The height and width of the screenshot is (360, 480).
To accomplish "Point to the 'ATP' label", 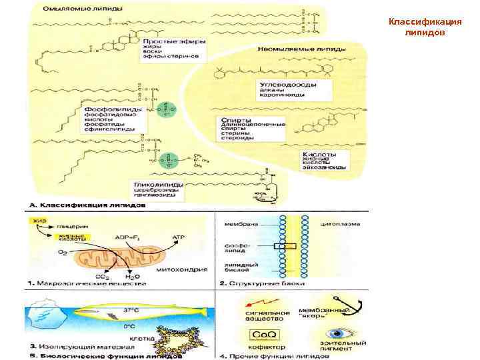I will (178, 237).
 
